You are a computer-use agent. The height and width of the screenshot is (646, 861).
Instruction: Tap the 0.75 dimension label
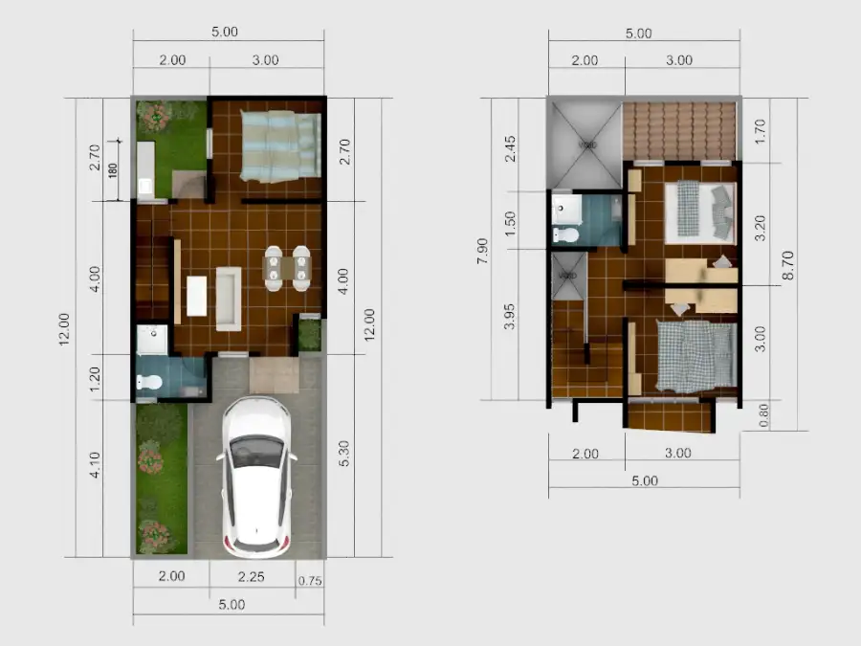tap(309, 581)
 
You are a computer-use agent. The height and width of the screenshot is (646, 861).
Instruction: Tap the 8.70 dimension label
tap(787, 263)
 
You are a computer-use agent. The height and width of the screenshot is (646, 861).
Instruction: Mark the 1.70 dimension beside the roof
tap(760, 128)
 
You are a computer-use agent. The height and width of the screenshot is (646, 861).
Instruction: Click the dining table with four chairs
tap(287, 268)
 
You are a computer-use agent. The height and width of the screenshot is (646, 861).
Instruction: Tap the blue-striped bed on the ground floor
tap(278, 145)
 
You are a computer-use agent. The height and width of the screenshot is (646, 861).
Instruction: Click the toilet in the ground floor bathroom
tap(148, 382)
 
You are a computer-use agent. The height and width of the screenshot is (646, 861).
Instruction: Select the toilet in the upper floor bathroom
tap(565, 234)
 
